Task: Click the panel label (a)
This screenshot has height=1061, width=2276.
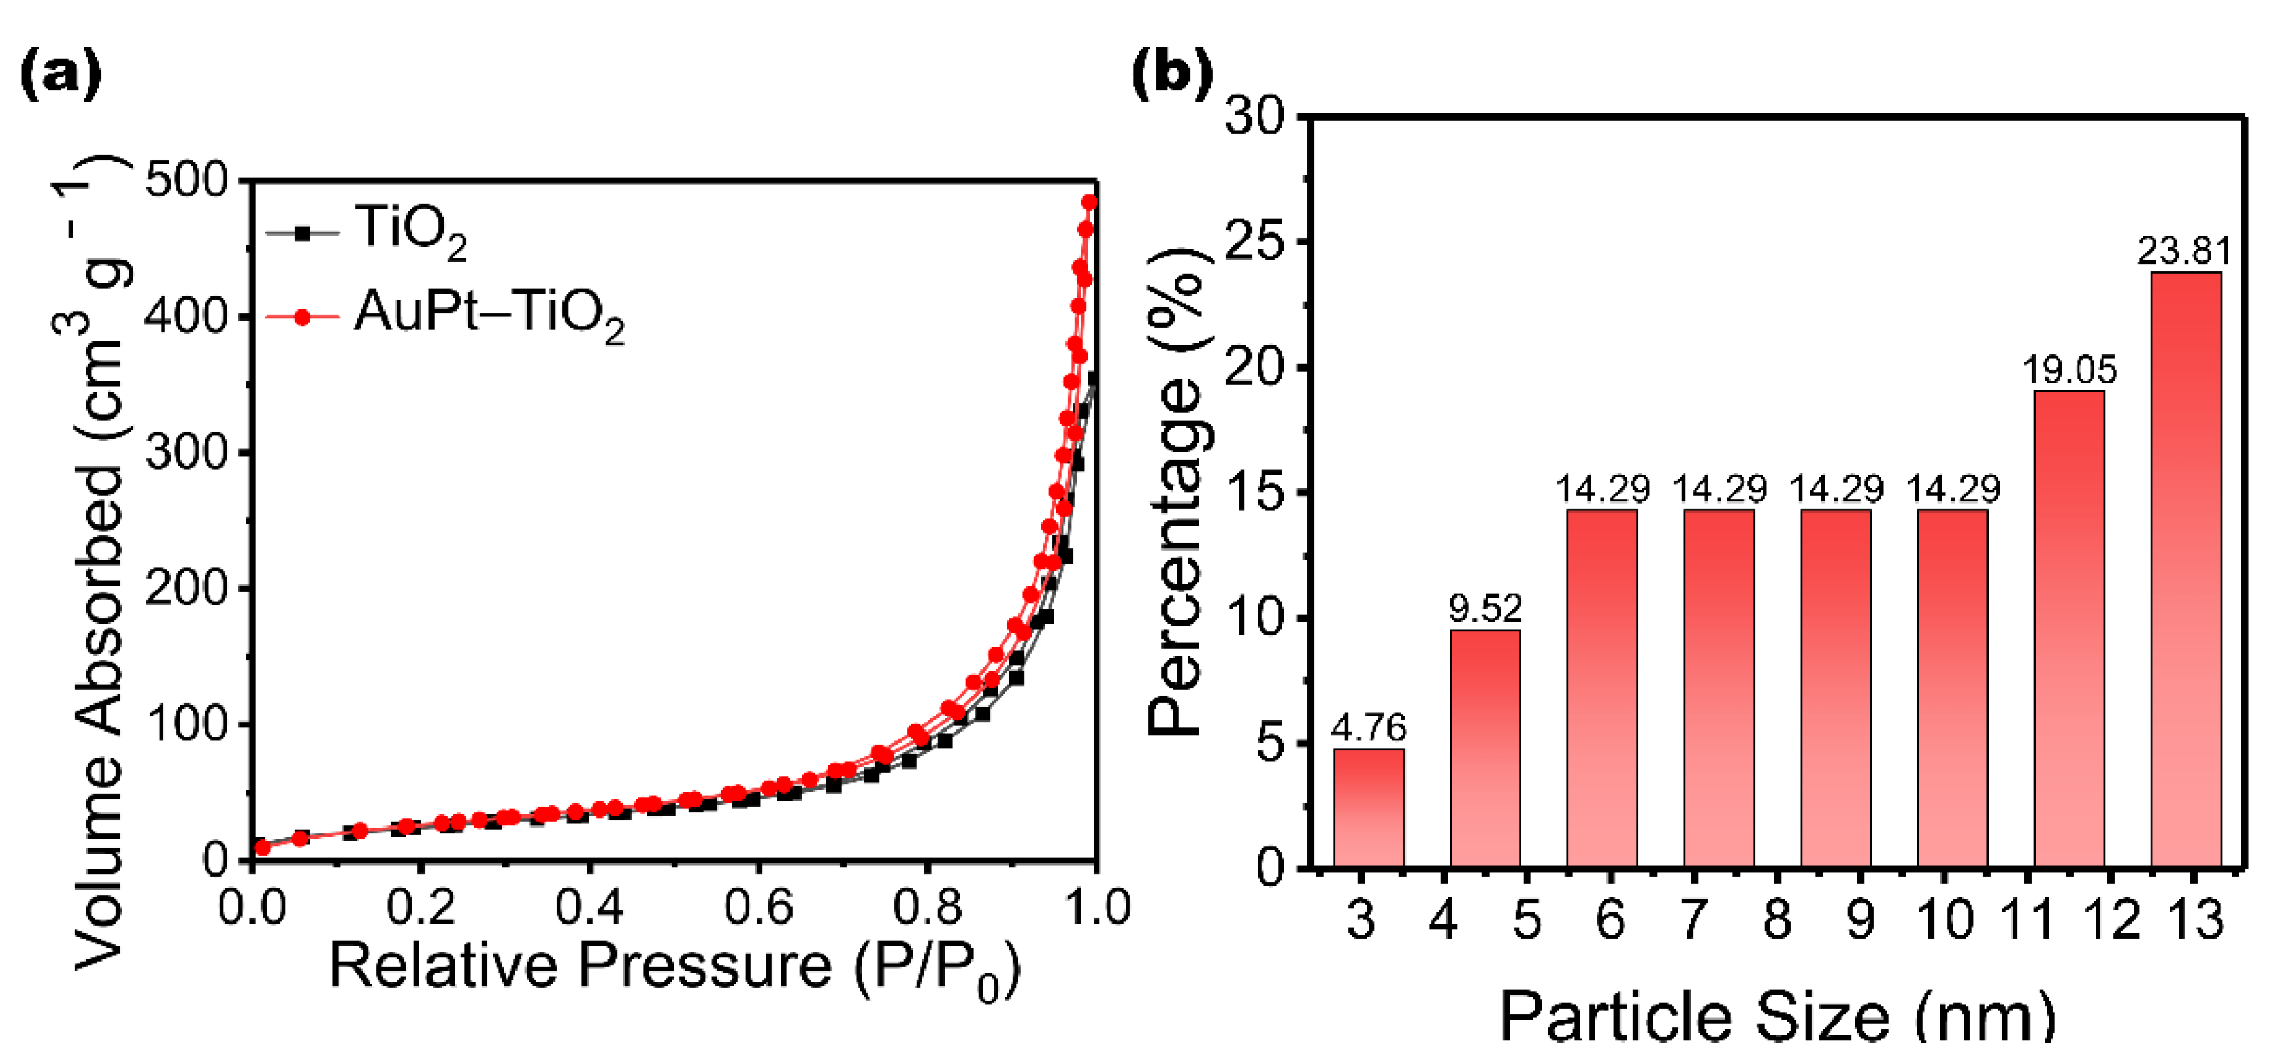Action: coord(59,75)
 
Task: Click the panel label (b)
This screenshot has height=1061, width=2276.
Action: coord(1172,75)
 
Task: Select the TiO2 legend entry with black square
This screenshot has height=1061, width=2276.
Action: coord(367,231)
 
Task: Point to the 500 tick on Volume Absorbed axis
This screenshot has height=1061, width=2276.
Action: coord(187,181)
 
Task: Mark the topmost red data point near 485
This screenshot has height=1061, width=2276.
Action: coord(1090,202)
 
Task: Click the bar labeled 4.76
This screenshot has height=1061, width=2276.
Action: coord(1369,807)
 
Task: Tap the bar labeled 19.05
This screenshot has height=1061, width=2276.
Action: coord(2069,629)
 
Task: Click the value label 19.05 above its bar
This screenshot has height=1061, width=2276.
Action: coord(2069,370)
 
